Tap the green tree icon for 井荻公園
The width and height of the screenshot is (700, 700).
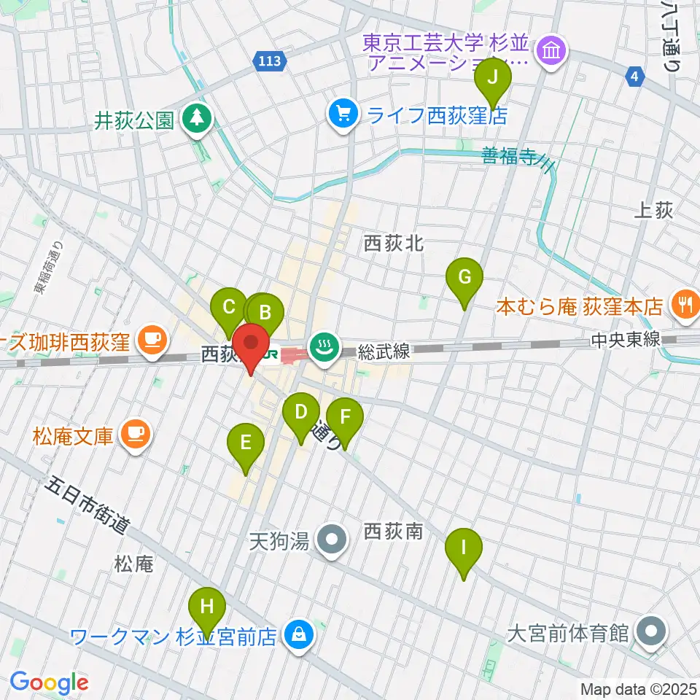[196, 117]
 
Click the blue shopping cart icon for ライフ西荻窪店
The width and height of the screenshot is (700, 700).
[341, 114]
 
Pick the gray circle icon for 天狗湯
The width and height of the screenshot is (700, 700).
[334, 540]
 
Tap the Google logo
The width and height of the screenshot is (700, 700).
[50, 682]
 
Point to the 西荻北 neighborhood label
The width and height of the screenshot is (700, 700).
[394, 244]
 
